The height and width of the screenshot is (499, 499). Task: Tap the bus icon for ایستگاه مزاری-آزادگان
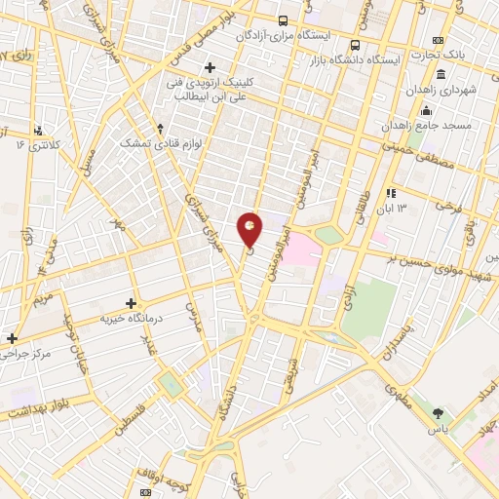click(283, 19)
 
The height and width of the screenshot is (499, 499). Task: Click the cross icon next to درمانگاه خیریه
click(133, 303)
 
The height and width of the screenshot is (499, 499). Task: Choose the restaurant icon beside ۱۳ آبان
click(391, 193)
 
